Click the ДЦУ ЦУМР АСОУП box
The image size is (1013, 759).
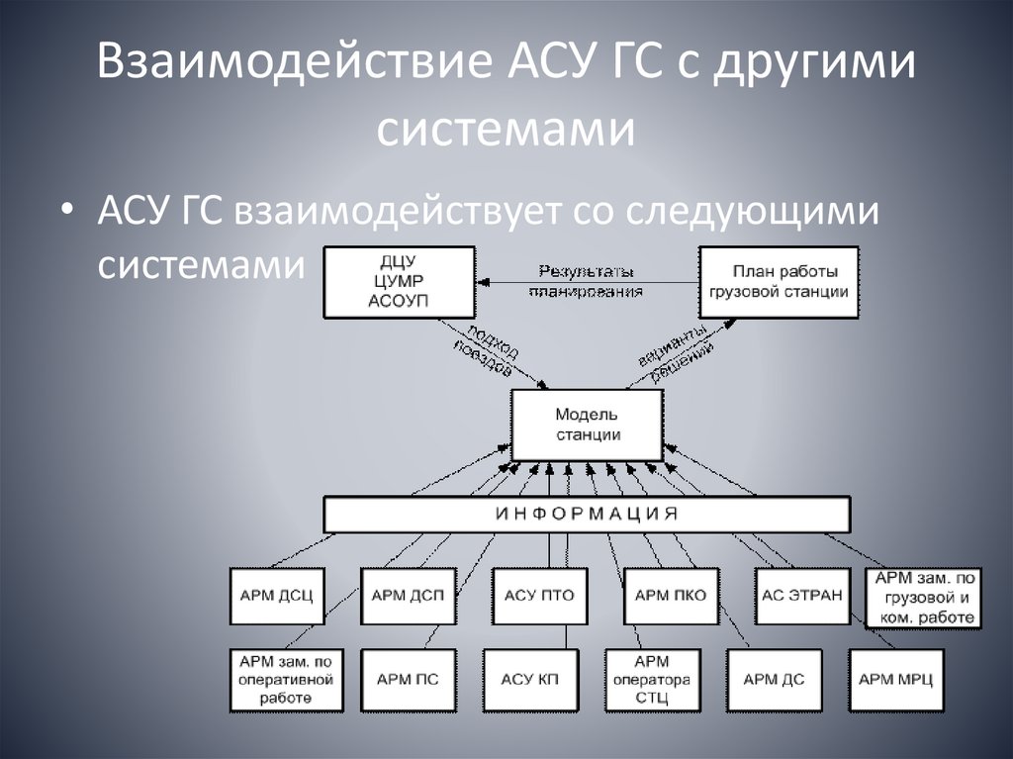coord(399,281)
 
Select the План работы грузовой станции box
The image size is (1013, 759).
coord(778,281)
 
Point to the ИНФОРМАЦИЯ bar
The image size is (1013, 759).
coord(587,514)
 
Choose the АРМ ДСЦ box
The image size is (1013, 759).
coord(276,595)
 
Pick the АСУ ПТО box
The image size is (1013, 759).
coord(538,595)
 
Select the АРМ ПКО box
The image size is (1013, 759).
coord(670,595)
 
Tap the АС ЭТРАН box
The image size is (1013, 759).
coord(801,595)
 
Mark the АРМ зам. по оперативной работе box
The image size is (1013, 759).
coord(286,680)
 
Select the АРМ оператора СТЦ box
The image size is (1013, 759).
coord(652,680)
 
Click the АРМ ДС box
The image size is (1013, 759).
coord(774,680)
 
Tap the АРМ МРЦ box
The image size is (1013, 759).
coord(895,680)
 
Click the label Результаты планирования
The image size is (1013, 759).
coord(587,281)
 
